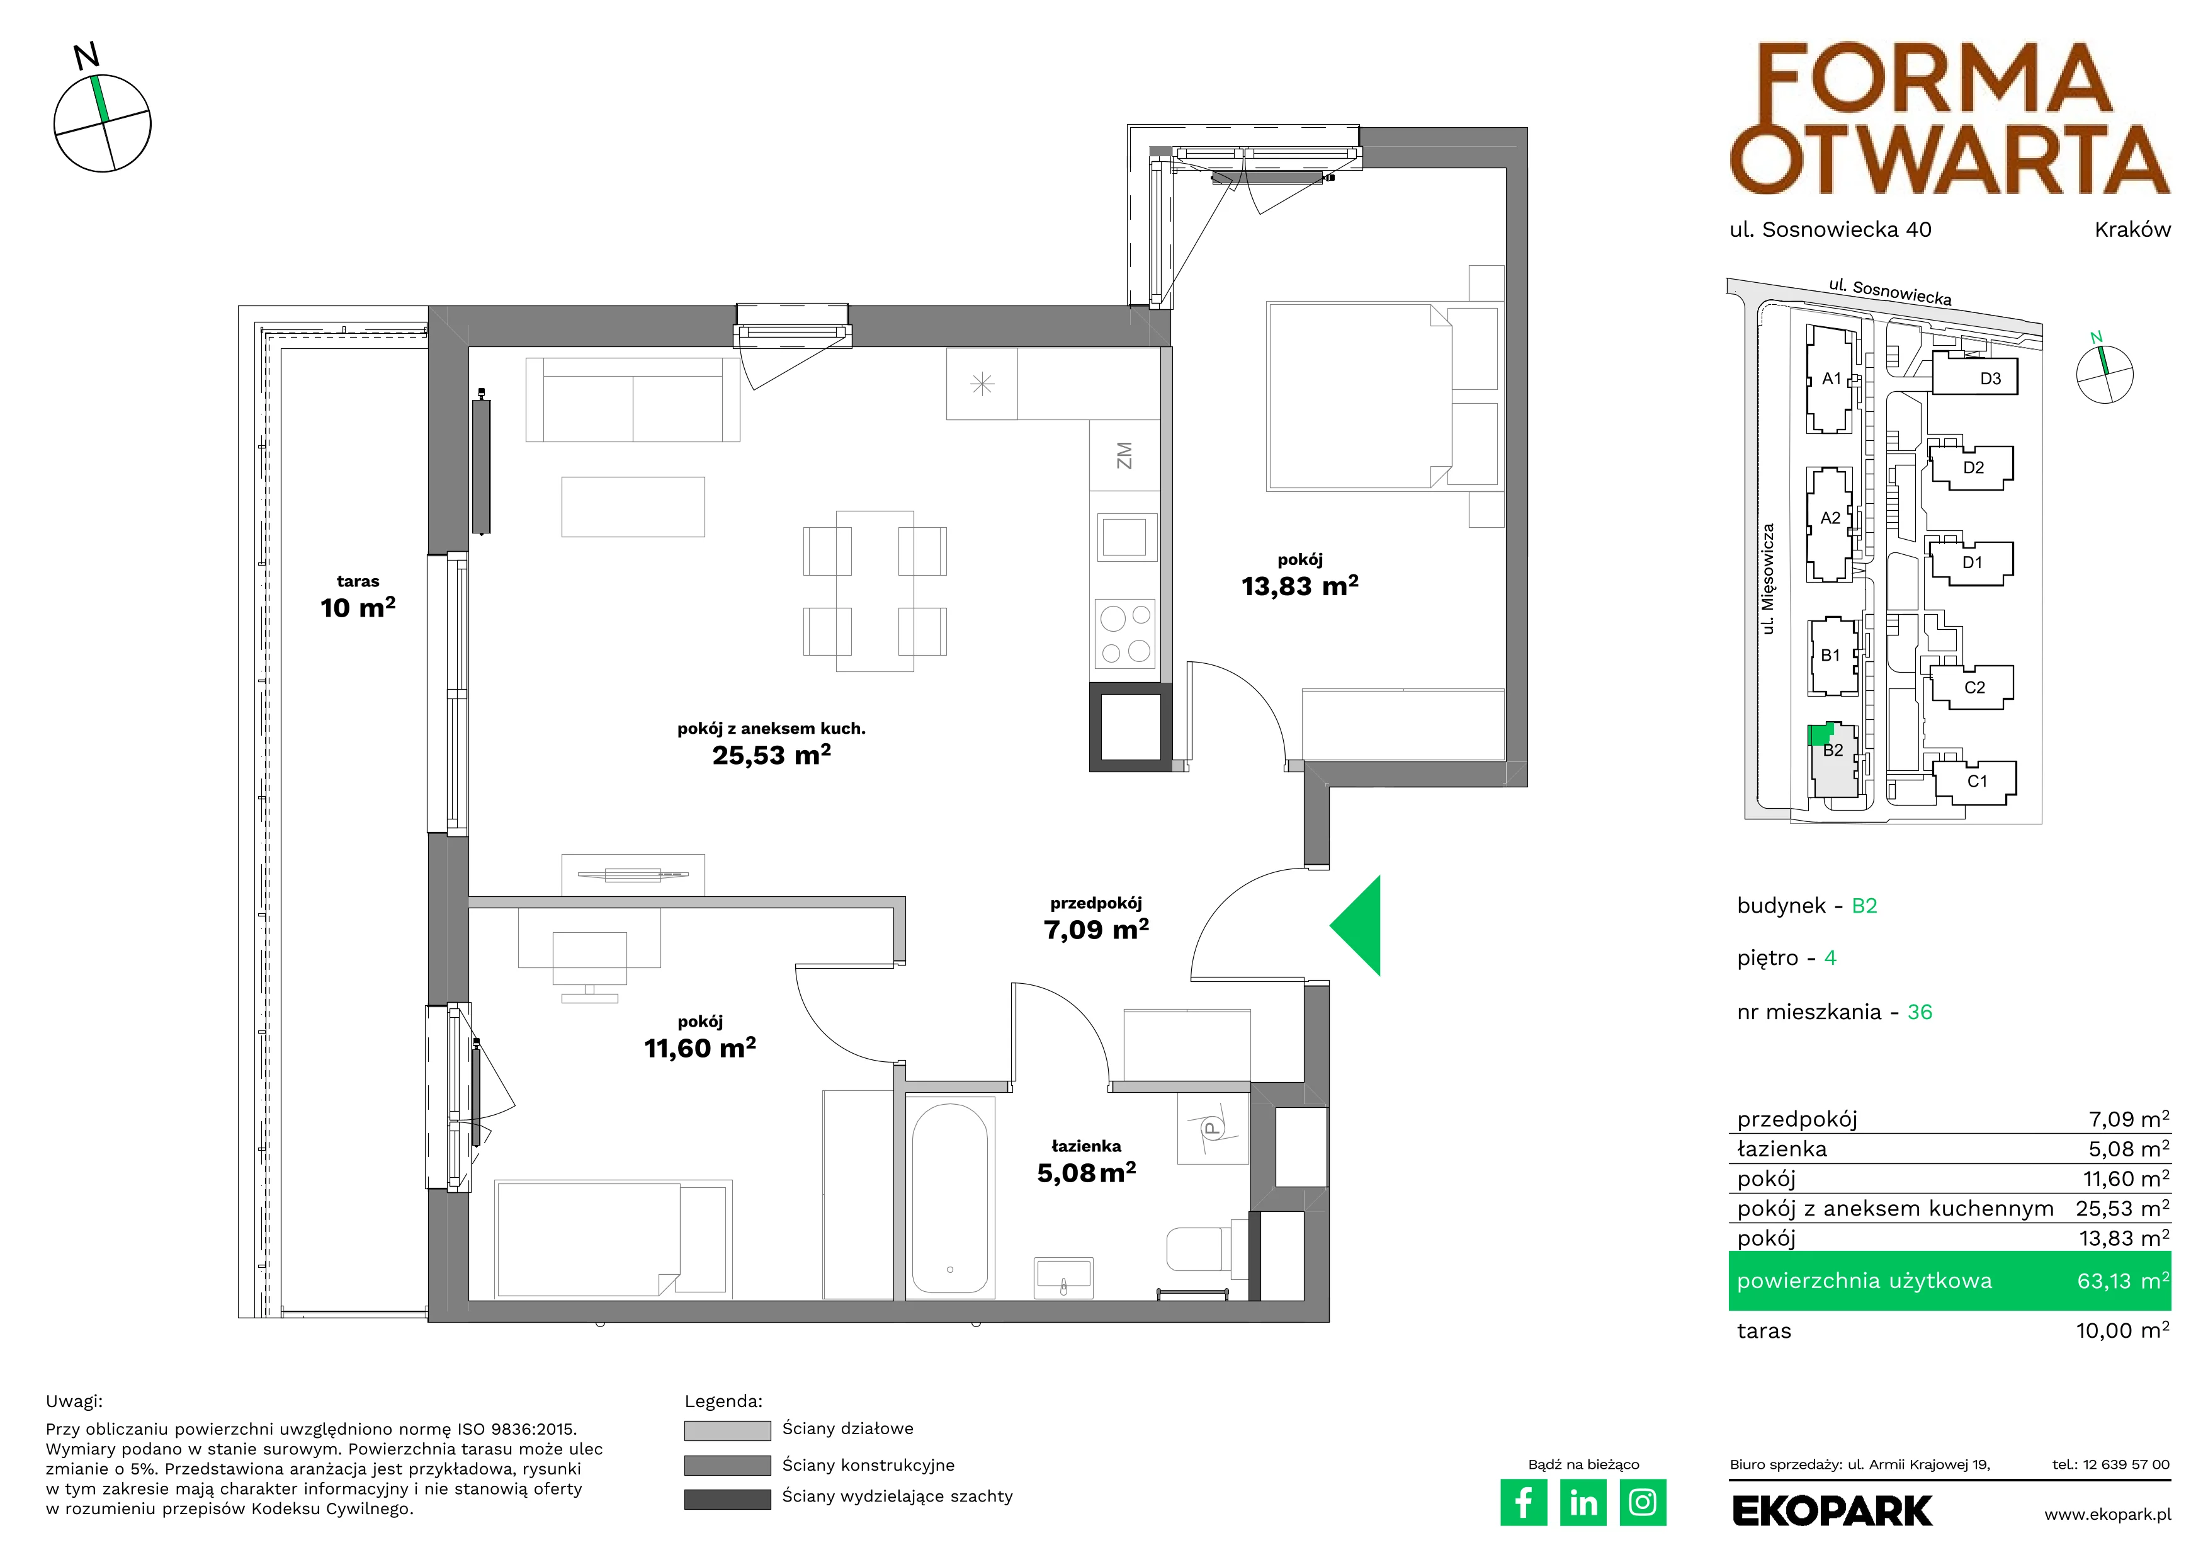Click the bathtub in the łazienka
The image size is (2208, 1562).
tap(949, 1197)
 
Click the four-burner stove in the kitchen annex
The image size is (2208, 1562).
tap(1125, 633)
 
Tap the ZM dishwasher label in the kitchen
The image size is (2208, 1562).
tap(1123, 455)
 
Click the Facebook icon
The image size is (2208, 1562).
tap(1523, 1502)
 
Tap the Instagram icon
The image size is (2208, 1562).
tap(1643, 1502)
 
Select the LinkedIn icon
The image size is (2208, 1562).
tap(1583, 1502)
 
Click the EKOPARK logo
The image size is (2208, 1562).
tap(1832, 1511)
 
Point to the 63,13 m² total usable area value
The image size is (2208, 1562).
tap(2122, 1280)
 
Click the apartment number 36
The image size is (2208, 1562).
tap(1920, 1012)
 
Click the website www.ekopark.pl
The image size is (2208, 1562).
tap(2107, 1515)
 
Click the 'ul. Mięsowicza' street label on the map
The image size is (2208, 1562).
tap(1767, 579)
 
